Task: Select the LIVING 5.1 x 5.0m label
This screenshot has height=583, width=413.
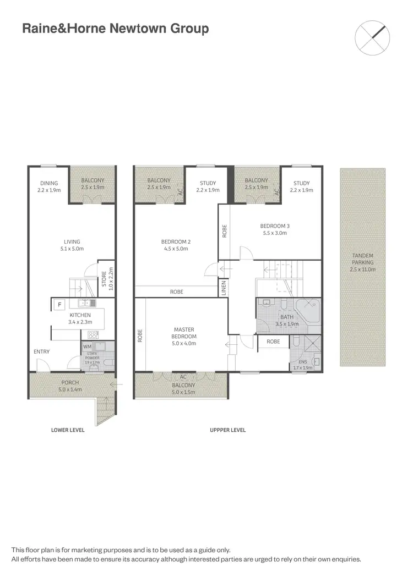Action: tap(72, 245)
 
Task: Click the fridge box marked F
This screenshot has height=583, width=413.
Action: tap(59, 304)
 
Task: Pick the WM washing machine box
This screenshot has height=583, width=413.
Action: tap(87, 346)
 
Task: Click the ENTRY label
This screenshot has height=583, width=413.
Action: tap(41, 352)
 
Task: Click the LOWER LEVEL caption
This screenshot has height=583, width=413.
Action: tap(68, 430)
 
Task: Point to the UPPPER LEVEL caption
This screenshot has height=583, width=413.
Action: tap(227, 430)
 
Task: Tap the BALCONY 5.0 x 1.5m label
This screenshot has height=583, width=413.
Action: tap(182, 389)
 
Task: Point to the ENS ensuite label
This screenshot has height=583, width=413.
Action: tap(302, 364)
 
